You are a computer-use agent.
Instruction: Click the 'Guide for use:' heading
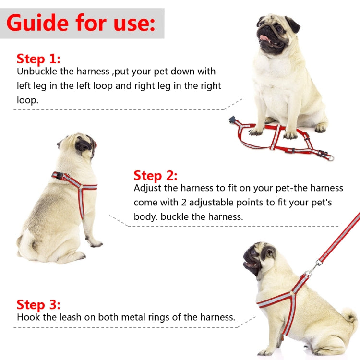pos(81,23)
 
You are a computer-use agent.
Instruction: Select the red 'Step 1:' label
pos(38,59)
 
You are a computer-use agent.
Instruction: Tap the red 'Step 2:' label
pos(156,175)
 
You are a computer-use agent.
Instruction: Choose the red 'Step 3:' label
pos(38,304)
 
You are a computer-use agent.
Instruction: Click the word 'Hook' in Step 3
pos(28,317)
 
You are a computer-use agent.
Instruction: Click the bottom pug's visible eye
pos(262,252)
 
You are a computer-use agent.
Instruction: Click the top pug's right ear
pos(292,24)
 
